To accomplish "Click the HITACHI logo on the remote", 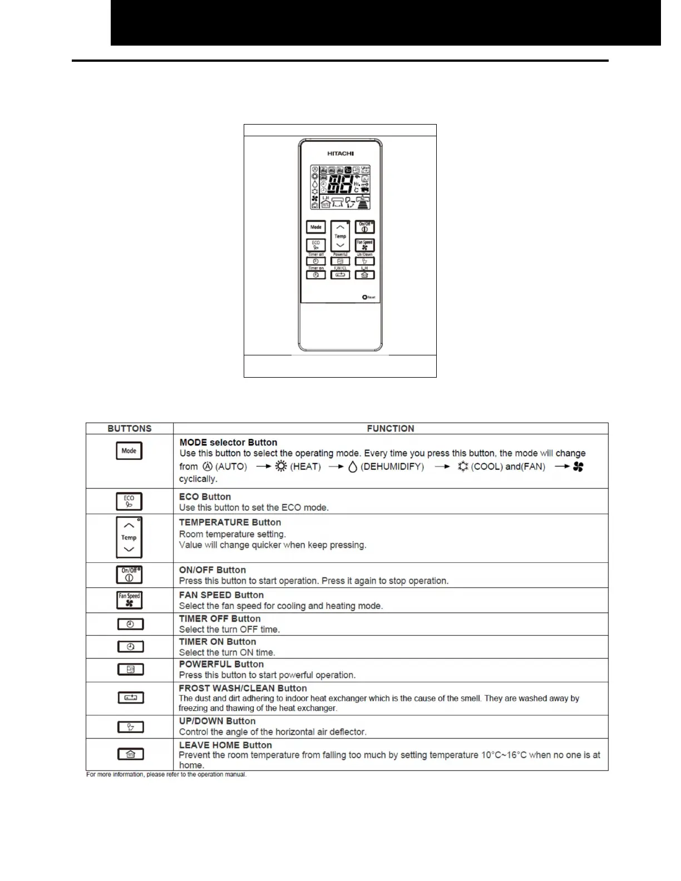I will [340, 154].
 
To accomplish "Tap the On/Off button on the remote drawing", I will [364, 227].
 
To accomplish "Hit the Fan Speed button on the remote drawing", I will [364, 245].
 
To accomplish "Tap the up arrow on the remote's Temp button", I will [340, 227].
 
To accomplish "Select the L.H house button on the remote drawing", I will [364, 275].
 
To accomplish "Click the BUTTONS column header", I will [130, 429].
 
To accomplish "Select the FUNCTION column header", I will [390, 429].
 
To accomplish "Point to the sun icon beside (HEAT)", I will [281, 467].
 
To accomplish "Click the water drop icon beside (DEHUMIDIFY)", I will [352, 467].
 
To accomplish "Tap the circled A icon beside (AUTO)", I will [208, 467].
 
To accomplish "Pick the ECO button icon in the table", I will [129, 502].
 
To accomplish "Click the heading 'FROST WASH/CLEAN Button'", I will [243, 688].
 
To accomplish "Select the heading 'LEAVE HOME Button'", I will [225, 745].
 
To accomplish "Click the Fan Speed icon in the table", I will [130, 600].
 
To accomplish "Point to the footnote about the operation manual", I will [166, 775].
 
